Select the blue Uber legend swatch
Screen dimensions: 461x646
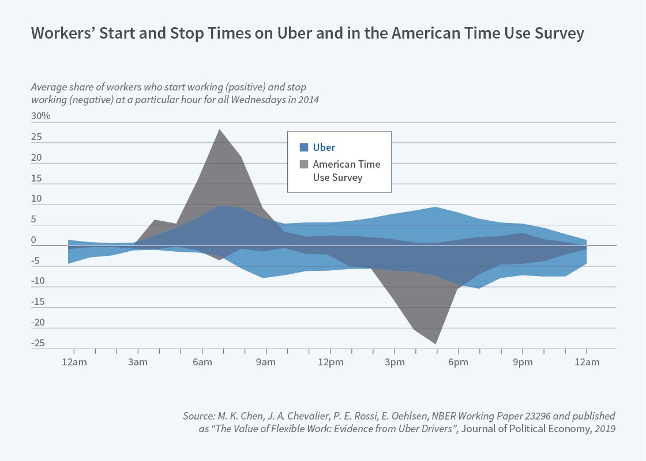coord(305,147)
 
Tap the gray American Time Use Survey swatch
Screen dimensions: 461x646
coord(305,164)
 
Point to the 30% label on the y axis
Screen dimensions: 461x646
coord(41,116)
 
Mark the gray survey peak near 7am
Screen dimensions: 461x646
coord(219,130)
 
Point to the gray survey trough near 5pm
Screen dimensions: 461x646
coord(436,343)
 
